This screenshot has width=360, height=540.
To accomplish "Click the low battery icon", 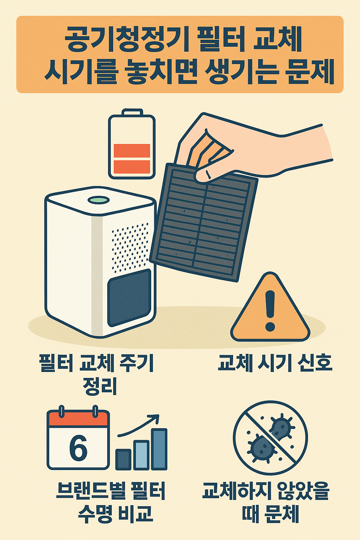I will (132, 146).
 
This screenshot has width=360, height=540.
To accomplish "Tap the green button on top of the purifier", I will (98, 200).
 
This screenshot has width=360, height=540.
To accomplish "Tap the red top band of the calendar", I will (78, 419).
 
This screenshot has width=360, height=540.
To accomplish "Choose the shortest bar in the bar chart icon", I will (123, 459).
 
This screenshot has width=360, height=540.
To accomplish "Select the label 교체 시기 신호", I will (275, 363).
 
